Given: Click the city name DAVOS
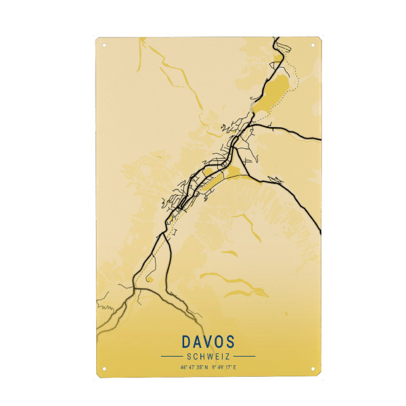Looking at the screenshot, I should tap(208, 341).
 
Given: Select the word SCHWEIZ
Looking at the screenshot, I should tap(208, 356).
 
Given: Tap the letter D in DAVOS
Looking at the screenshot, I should tap(187, 341).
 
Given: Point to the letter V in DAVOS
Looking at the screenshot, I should tap(208, 341).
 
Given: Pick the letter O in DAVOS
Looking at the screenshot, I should tap(219, 341).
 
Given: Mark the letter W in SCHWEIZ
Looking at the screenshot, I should tap(206, 356).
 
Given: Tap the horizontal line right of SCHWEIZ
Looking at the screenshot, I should tap(244, 356).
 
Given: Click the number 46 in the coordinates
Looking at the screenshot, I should tap(183, 367).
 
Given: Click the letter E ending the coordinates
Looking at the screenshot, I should tap(235, 367).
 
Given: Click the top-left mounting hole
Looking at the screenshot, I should tap(104, 46).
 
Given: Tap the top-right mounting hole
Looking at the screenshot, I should tap(312, 46).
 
